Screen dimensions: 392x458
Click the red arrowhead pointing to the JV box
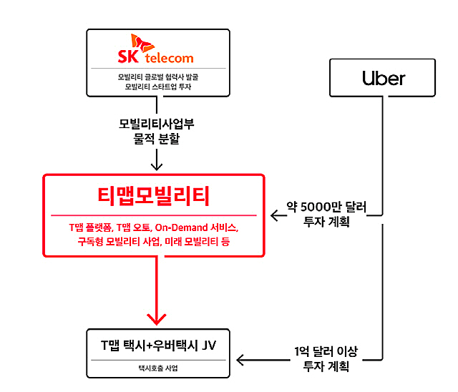tap(157, 316)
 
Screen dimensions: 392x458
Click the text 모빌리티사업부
tap(157, 123)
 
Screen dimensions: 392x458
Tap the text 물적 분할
tap(157, 139)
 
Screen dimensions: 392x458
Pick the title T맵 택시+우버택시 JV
tap(157, 346)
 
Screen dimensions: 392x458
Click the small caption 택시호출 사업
tap(157, 369)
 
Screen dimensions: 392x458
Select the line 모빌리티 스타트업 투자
tap(157, 87)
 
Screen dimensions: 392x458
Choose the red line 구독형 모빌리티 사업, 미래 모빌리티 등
tap(157, 242)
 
